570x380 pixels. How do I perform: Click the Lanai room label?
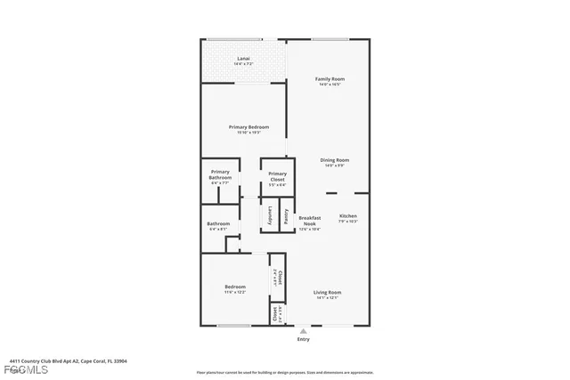(242, 60)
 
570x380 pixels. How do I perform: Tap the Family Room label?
(330, 78)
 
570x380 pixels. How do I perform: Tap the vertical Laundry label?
(270, 216)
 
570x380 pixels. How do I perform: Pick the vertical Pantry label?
(286, 216)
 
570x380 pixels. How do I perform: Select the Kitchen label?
(347, 216)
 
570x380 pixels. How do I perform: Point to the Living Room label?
(328, 292)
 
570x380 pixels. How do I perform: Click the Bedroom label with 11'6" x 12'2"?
(235, 287)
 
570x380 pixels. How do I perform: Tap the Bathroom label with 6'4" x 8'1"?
(218, 223)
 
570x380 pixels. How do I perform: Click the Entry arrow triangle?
(304, 331)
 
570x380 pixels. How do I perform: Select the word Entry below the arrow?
(304, 339)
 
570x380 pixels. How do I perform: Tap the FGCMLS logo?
(16, 369)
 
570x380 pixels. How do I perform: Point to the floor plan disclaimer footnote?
(285, 372)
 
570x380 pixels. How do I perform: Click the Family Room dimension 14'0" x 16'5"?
(330, 85)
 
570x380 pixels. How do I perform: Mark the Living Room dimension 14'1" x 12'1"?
(328, 298)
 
